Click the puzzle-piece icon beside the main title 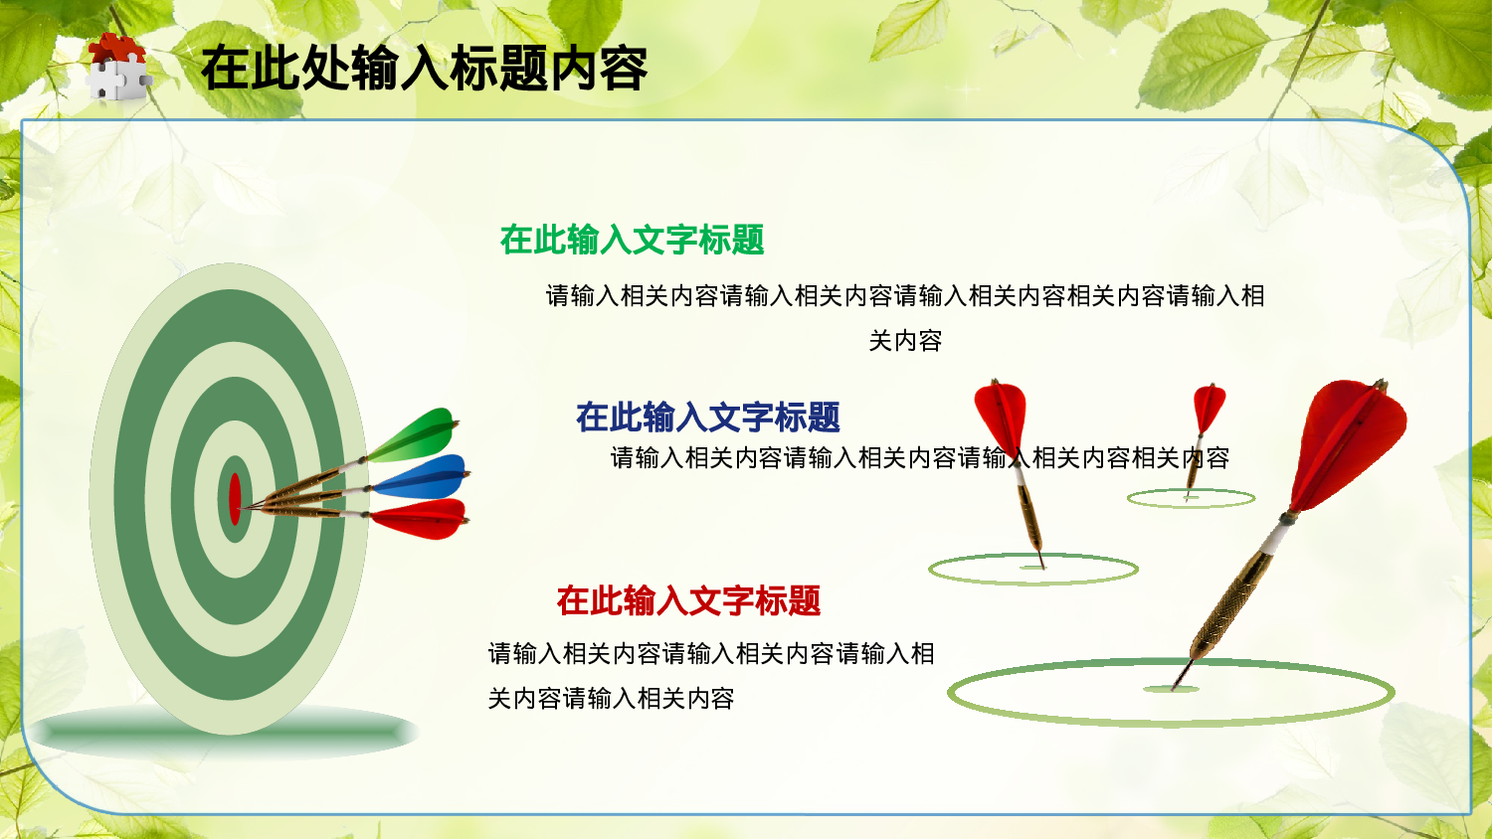(117, 68)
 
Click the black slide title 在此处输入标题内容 (424, 69)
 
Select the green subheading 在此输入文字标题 (632, 240)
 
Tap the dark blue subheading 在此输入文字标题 (707, 418)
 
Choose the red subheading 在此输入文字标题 (688, 600)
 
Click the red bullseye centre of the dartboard (235, 499)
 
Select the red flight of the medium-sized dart (1001, 413)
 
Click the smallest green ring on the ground (1191, 499)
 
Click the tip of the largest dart (1176, 686)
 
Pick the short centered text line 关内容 (905, 341)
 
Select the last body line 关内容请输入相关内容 (611, 699)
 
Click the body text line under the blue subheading (920, 458)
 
